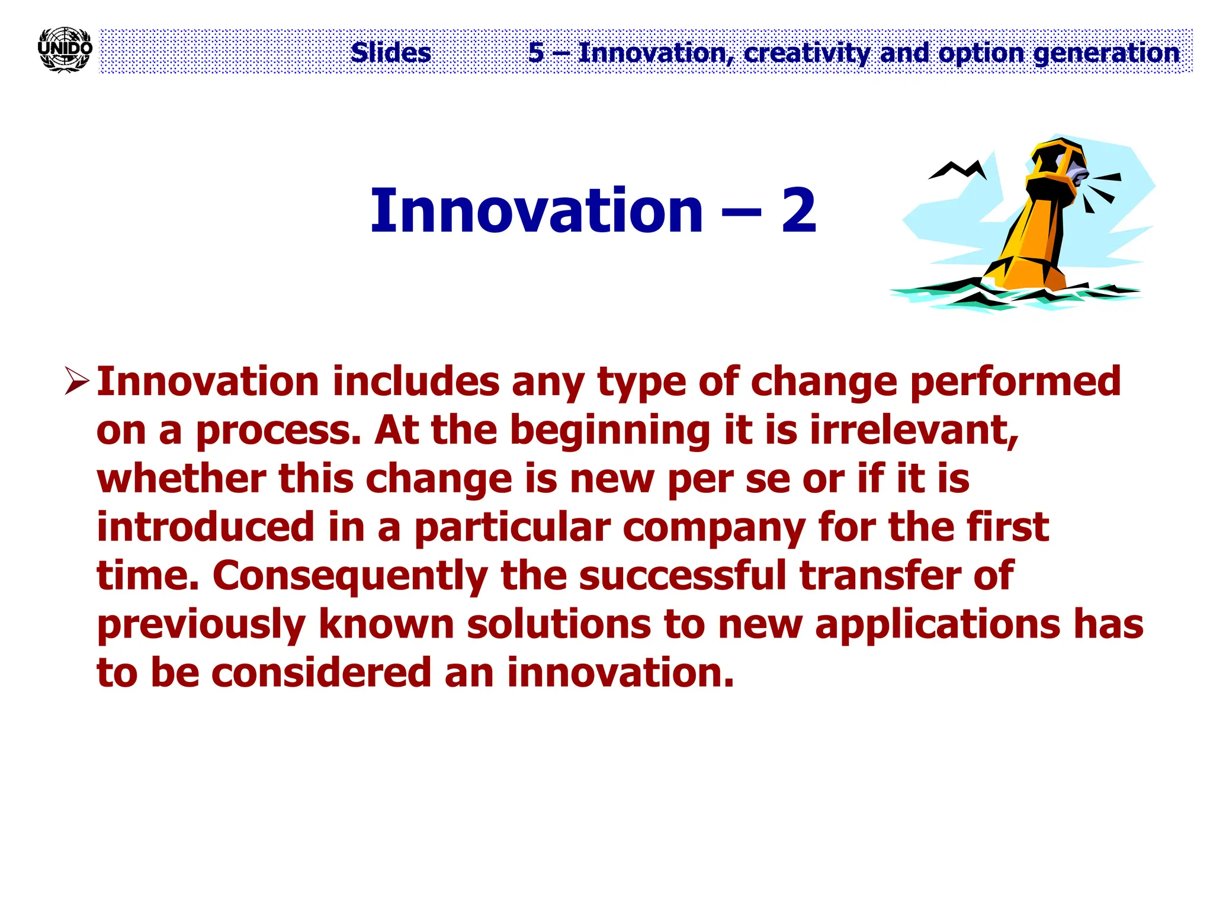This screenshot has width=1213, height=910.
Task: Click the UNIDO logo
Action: coord(65,50)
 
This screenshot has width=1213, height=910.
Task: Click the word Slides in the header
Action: coord(390,53)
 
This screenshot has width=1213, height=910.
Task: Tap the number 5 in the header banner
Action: coord(536,53)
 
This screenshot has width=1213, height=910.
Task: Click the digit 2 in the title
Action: coord(799,211)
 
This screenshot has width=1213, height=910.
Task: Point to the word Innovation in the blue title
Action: coord(537,211)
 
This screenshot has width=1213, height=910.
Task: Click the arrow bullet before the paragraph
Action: coord(76,380)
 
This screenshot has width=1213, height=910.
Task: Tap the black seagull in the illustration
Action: coord(957,170)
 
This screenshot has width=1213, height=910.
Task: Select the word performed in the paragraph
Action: coord(1015,382)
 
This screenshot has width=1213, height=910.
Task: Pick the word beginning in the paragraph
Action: coord(610,431)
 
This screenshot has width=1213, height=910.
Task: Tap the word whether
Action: coord(181,479)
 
